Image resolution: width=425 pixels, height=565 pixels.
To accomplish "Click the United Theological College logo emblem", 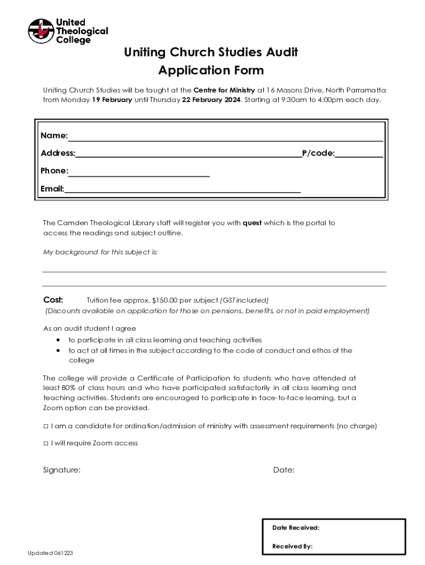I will tap(41, 31).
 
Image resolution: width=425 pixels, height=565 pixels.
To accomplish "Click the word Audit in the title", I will tap(280, 52).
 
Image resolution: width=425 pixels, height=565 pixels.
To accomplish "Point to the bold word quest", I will tap(252, 223).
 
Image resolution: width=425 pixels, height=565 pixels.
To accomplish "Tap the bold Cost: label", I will tap(54, 300).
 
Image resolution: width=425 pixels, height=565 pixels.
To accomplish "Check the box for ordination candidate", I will tap(46, 427).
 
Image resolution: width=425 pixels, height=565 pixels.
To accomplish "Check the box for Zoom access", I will tap(46, 443).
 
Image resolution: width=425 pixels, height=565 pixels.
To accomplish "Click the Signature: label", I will tap(62, 470).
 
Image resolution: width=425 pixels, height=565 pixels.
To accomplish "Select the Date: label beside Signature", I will tap(283, 470).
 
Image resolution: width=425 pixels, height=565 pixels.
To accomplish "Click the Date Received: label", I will tap(295, 528).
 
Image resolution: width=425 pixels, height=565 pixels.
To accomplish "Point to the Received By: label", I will tap(292, 546).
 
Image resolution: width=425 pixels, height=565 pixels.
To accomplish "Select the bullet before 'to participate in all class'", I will tap(58, 340).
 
